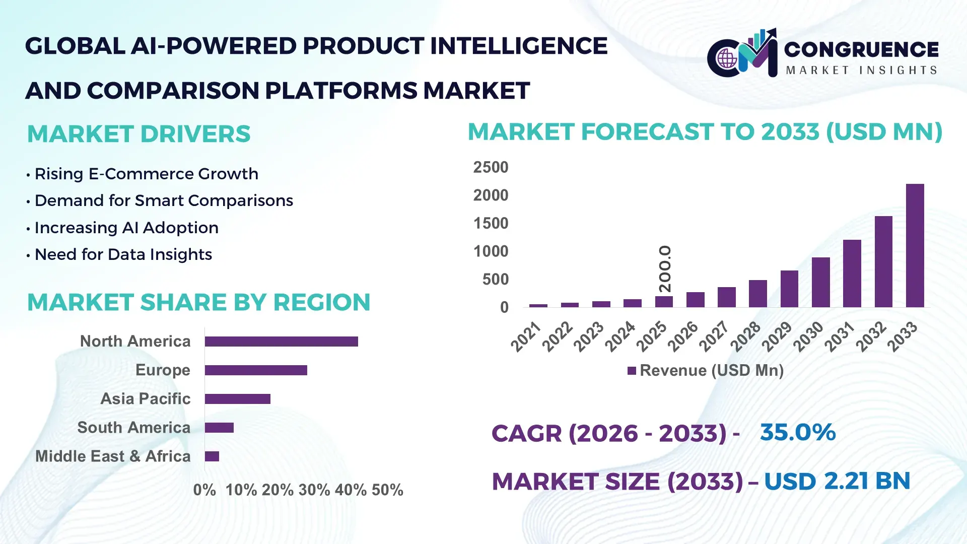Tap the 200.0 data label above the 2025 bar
(665, 268)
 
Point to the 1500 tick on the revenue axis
(491, 223)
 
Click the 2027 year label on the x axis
(714, 336)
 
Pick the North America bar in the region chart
(281, 342)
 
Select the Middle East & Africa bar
(212, 456)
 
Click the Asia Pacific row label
(146, 398)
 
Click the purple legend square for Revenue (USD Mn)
(632, 371)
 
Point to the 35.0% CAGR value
(797, 432)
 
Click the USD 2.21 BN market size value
(837, 481)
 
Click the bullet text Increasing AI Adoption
(126, 228)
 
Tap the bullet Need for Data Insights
(123, 254)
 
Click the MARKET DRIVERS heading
(139, 134)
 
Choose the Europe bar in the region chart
(256, 370)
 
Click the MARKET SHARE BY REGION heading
(198, 302)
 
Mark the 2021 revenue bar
(538, 305)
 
